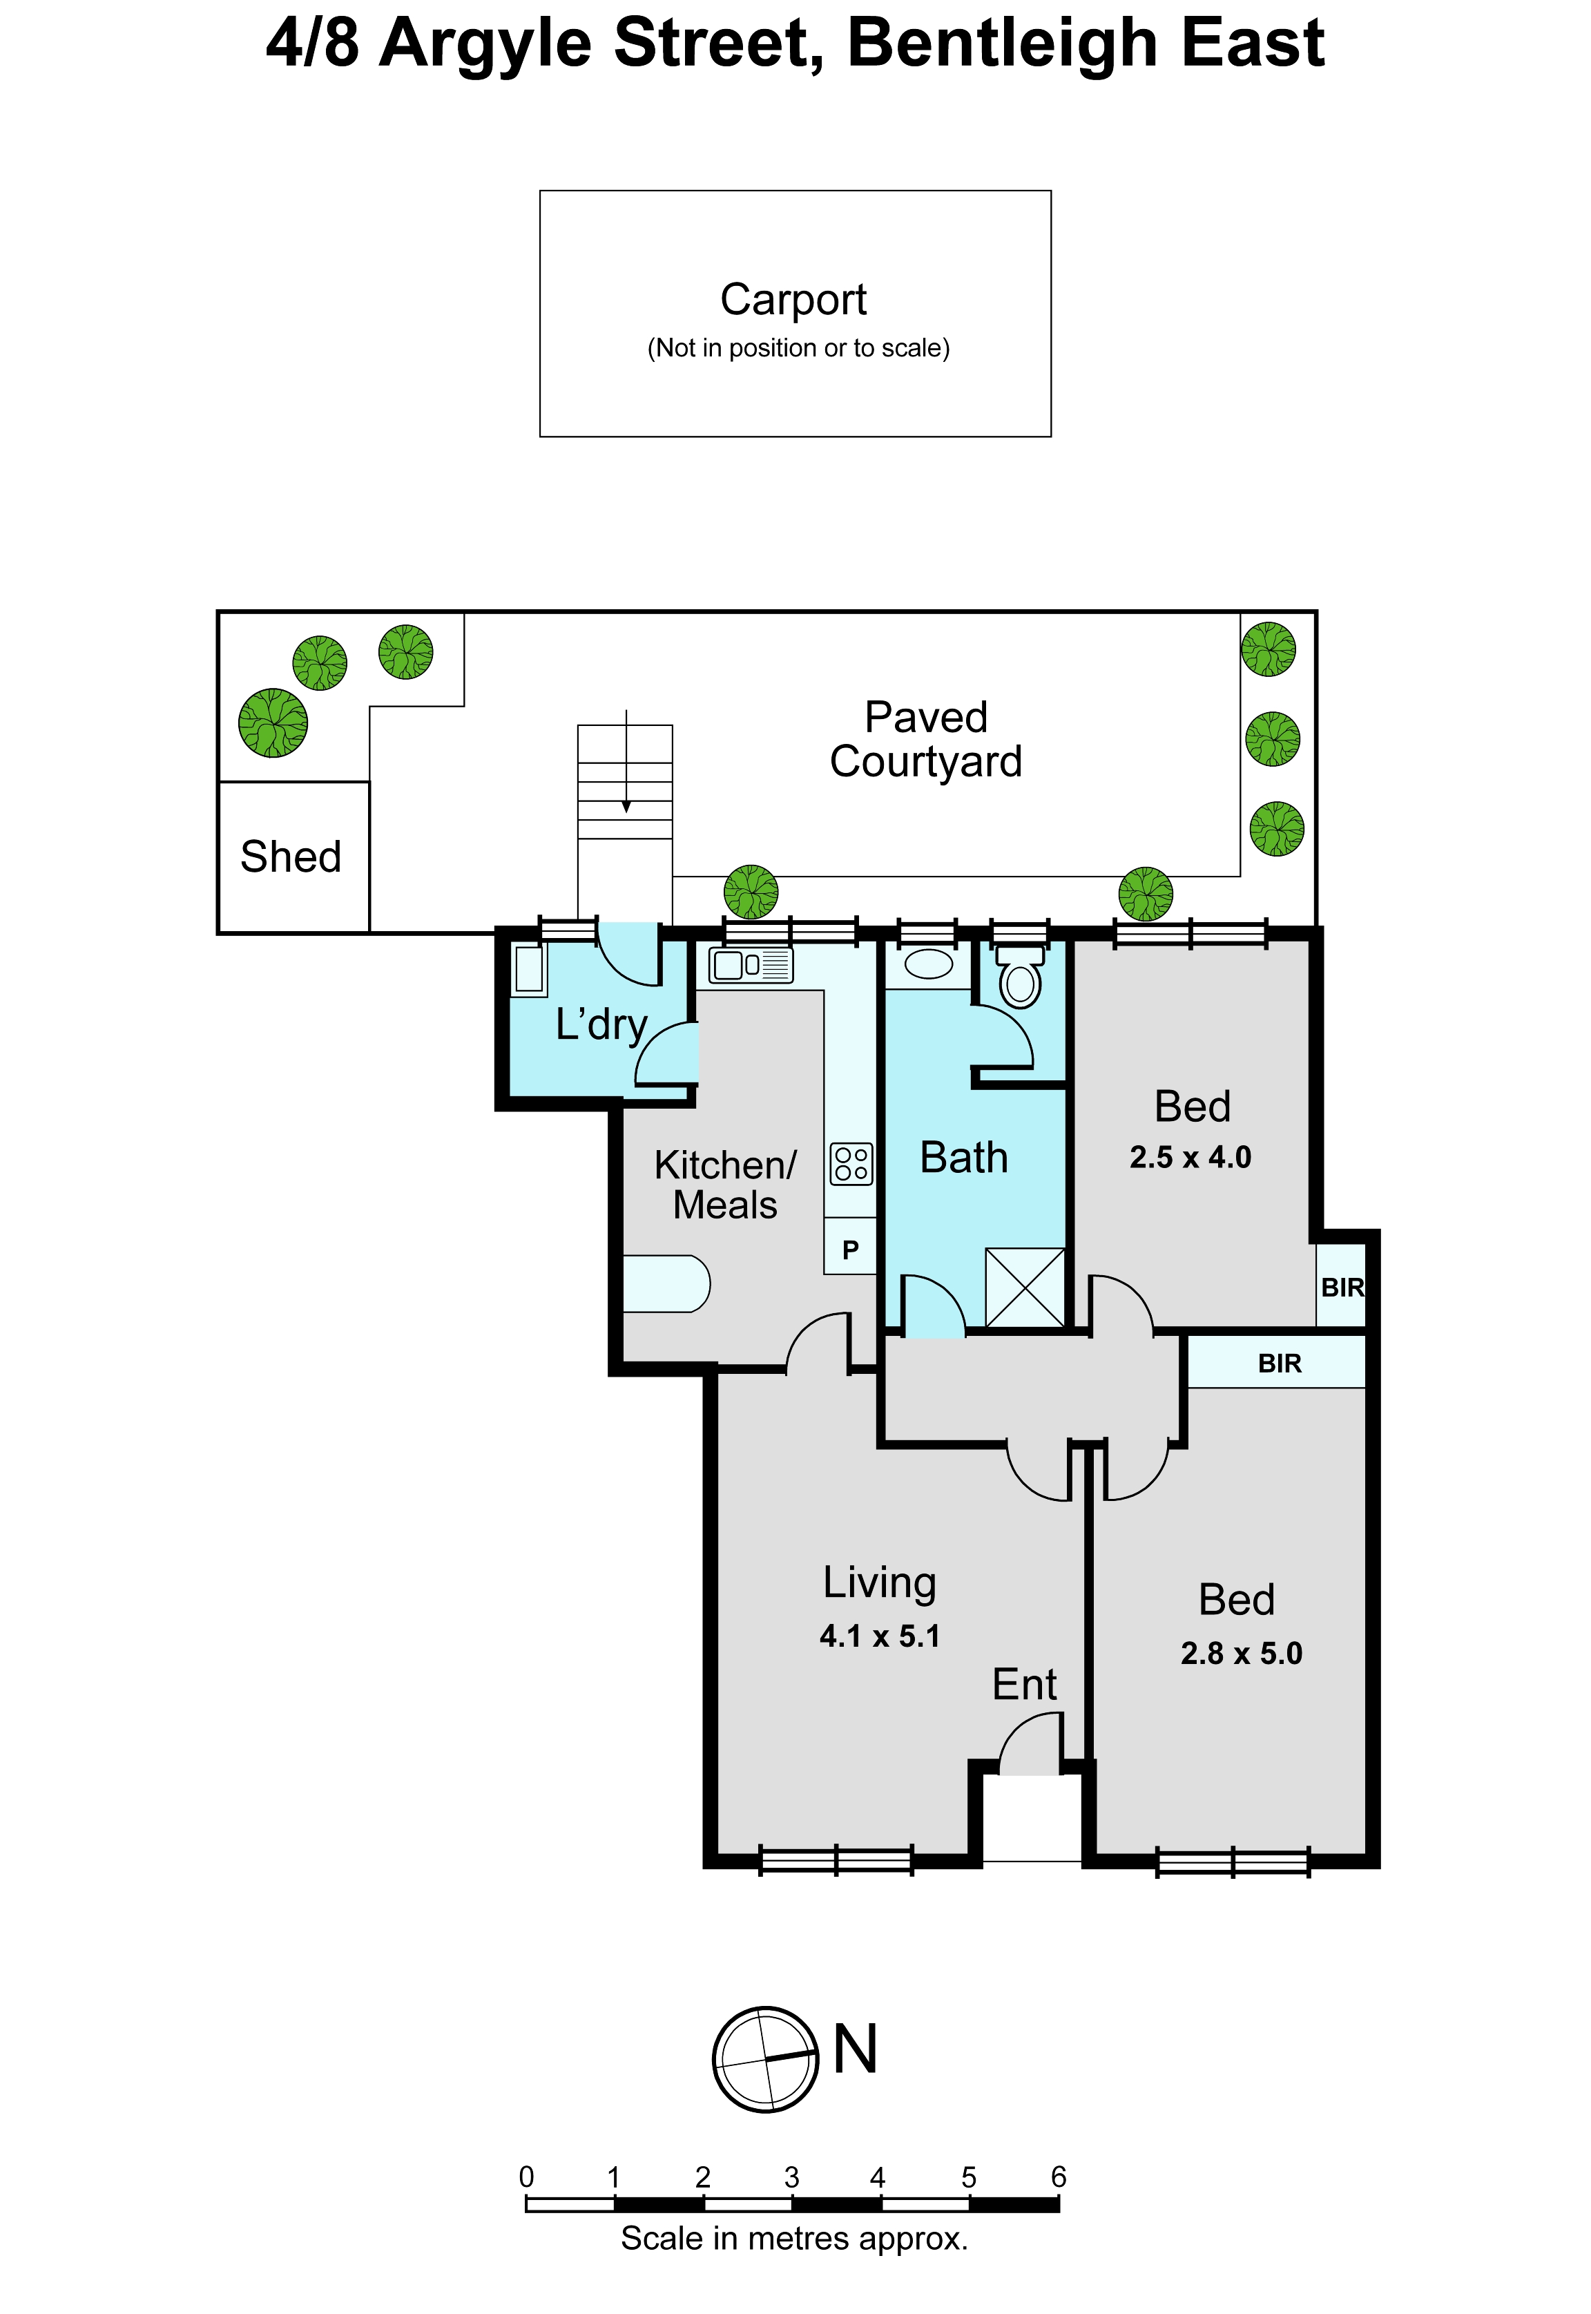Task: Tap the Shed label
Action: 291,857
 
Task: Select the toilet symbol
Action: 1020,975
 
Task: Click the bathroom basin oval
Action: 929,964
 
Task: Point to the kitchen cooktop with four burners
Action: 851,1163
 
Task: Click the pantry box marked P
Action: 850,1247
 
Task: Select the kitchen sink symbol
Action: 751,965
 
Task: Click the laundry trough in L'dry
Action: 530,970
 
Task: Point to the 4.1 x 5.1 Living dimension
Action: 880,1637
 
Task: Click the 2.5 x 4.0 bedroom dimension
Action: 1190,1158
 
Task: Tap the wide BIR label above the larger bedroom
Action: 1280,1364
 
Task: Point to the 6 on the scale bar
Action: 1059,2177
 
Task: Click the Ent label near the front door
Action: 1025,1685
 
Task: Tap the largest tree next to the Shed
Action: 273,723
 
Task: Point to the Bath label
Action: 964,1158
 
